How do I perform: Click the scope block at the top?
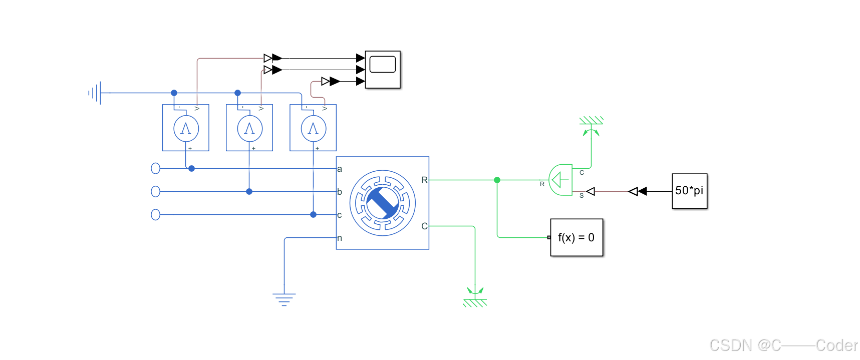[x=383, y=69]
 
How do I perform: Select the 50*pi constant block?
[x=689, y=191]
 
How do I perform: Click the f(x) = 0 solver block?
[x=577, y=237]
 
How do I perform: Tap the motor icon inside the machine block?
[x=383, y=203]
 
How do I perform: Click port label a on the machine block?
[x=340, y=169]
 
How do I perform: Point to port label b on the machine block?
[x=340, y=192]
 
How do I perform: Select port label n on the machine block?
[x=340, y=238]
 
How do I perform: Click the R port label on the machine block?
[x=424, y=180]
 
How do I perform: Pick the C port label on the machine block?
[x=424, y=226]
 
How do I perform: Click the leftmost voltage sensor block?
[x=186, y=128]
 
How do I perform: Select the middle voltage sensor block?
[x=249, y=128]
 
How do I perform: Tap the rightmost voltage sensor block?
[x=313, y=128]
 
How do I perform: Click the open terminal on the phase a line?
[x=156, y=169]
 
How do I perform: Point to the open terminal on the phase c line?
[x=156, y=215]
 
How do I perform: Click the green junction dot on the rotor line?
[x=497, y=180]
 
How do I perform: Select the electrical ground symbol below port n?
[x=284, y=299]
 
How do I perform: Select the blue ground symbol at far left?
[x=96, y=93]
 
